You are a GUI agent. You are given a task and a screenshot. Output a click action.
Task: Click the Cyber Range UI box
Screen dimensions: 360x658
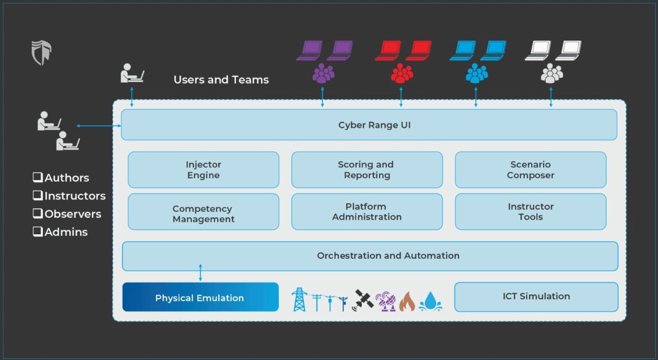click(369, 125)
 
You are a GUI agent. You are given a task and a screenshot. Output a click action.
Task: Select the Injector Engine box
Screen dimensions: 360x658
click(204, 170)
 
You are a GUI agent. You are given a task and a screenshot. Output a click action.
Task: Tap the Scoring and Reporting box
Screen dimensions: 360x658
click(367, 170)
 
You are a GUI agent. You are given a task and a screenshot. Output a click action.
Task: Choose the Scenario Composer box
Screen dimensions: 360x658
click(530, 170)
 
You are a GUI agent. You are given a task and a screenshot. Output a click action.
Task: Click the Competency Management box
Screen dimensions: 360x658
click(204, 212)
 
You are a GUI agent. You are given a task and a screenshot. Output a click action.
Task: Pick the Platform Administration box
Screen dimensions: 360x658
click(367, 212)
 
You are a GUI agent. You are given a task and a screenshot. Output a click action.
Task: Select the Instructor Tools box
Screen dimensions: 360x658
click(530, 212)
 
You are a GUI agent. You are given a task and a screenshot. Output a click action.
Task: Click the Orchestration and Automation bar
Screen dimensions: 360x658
click(370, 256)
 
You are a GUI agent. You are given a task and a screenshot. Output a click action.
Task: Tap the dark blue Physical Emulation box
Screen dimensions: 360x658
click(200, 297)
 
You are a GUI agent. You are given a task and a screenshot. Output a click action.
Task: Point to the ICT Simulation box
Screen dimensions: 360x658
click(536, 297)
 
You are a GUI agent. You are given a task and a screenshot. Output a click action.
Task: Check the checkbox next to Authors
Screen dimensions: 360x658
click(38, 178)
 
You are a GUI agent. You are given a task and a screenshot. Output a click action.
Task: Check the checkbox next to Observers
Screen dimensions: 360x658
click(38, 214)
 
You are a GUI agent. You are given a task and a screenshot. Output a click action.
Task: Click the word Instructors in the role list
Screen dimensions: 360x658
click(75, 196)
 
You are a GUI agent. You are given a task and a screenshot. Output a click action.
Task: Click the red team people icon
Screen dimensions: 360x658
click(402, 74)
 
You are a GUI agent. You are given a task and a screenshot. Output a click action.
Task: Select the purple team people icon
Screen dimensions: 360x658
click(324, 74)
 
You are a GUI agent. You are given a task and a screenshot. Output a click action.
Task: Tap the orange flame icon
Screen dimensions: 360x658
click(407, 302)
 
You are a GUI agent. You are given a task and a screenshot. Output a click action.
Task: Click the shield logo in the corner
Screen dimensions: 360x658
click(41, 53)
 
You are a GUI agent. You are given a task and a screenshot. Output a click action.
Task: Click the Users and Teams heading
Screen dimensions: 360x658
click(221, 80)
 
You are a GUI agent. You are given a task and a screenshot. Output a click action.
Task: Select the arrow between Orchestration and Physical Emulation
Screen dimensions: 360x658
click(200, 272)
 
